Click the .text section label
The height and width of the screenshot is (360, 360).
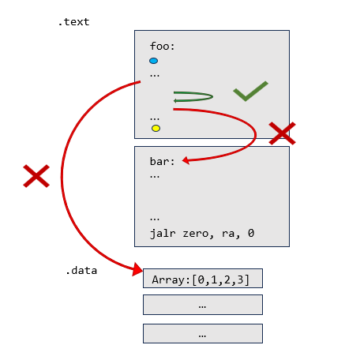tap(73, 22)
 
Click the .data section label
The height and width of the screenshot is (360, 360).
tap(81, 271)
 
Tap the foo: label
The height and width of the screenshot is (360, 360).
tap(162, 47)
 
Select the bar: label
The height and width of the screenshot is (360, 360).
tap(162, 161)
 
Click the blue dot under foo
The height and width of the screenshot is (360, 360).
tap(154, 61)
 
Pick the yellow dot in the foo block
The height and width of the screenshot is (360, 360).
tap(156, 128)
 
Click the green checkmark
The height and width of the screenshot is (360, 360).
tap(250, 91)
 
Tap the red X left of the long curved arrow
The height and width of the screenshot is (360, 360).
tap(36, 176)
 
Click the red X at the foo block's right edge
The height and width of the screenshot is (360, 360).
tap(282, 133)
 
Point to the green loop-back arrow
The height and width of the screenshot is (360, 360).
tap(212, 96)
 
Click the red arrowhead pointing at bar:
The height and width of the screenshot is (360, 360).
tap(186, 160)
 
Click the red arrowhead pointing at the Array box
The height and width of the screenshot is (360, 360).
tap(137, 269)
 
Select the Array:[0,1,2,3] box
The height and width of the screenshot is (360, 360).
tap(203, 279)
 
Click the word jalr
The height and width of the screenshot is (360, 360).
tap(162, 233)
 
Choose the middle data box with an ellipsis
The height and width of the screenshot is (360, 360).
tap(203, 305)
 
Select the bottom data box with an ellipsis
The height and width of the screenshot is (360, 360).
tap(203, 334)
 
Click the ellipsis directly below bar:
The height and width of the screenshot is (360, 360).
tap(155, 177)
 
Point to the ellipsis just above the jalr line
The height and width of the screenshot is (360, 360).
tap(155, 219)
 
